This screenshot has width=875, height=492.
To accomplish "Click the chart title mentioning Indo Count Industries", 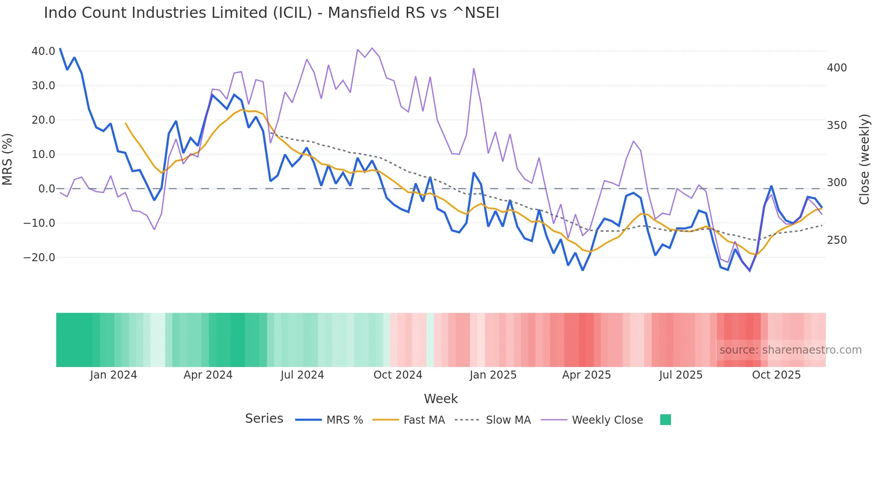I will [271, 13].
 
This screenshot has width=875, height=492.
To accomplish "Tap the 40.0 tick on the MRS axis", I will [43, 51].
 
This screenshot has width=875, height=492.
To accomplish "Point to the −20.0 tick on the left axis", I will [39, 258].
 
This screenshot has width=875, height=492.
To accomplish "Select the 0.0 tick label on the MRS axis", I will [46, 189].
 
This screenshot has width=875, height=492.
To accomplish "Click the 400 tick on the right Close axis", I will [837, 68].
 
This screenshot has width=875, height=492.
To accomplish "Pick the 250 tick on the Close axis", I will [837, 240].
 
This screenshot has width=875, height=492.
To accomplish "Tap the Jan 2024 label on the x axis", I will [113, 375].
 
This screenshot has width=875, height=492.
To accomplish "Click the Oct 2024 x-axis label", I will [398, 375].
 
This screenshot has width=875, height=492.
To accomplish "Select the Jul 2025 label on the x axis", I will [681, 375].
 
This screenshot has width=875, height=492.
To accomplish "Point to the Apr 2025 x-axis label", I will [586, 375].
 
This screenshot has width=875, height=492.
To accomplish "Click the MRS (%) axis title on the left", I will [8, 159].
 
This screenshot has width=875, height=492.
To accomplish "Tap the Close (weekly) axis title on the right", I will [865, 159].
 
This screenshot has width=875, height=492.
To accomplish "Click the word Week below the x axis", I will [441, 399].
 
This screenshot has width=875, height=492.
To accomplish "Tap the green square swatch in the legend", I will [665, 420].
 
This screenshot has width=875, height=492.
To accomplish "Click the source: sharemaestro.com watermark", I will [790, 350].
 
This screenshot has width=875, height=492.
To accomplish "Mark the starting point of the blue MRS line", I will [60, 49].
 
